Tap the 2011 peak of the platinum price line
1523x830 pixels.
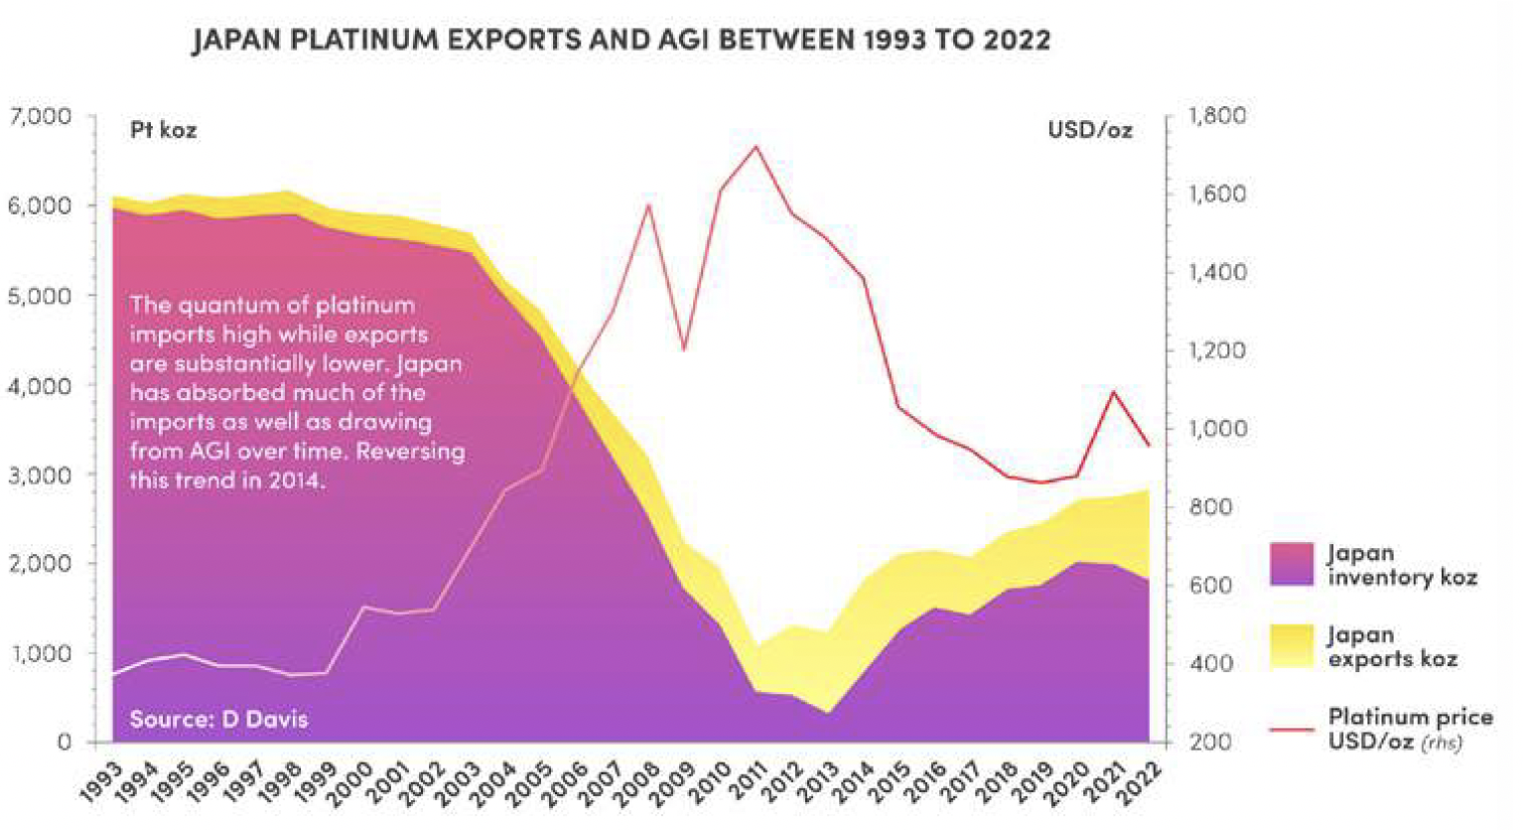(x=757, y=147)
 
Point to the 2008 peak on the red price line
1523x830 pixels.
(x=647, y=206)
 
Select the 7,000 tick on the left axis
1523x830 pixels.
(x=41, y=116)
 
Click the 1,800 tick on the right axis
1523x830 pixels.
(x=1218, y=116)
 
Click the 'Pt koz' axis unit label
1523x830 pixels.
(x=164, y=130)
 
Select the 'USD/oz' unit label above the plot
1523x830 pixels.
(x=1089, y=130)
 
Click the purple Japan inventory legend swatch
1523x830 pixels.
(x=1292, y=564)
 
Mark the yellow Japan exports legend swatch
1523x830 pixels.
(x=1292, y=645)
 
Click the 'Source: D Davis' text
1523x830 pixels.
(x=218, y=719)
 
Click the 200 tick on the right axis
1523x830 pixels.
(x=1210, y=742)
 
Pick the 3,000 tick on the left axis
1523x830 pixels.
(x=41, y=475)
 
